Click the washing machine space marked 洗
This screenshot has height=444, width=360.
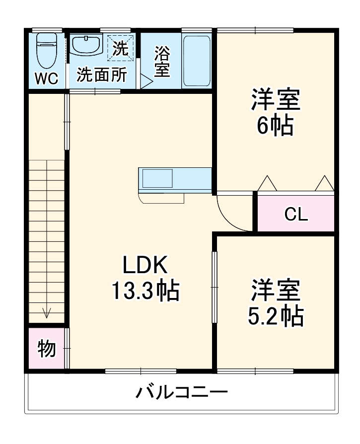coord(121,48)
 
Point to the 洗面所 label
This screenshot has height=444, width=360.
coord(101,75)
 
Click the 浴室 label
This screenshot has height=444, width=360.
coord(161,62)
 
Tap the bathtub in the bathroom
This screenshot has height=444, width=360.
coord(197,61)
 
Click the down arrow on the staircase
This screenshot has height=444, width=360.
coord(47,312)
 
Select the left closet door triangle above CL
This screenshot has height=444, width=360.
coord(267,183)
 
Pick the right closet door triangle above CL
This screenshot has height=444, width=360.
coord(324,183)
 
